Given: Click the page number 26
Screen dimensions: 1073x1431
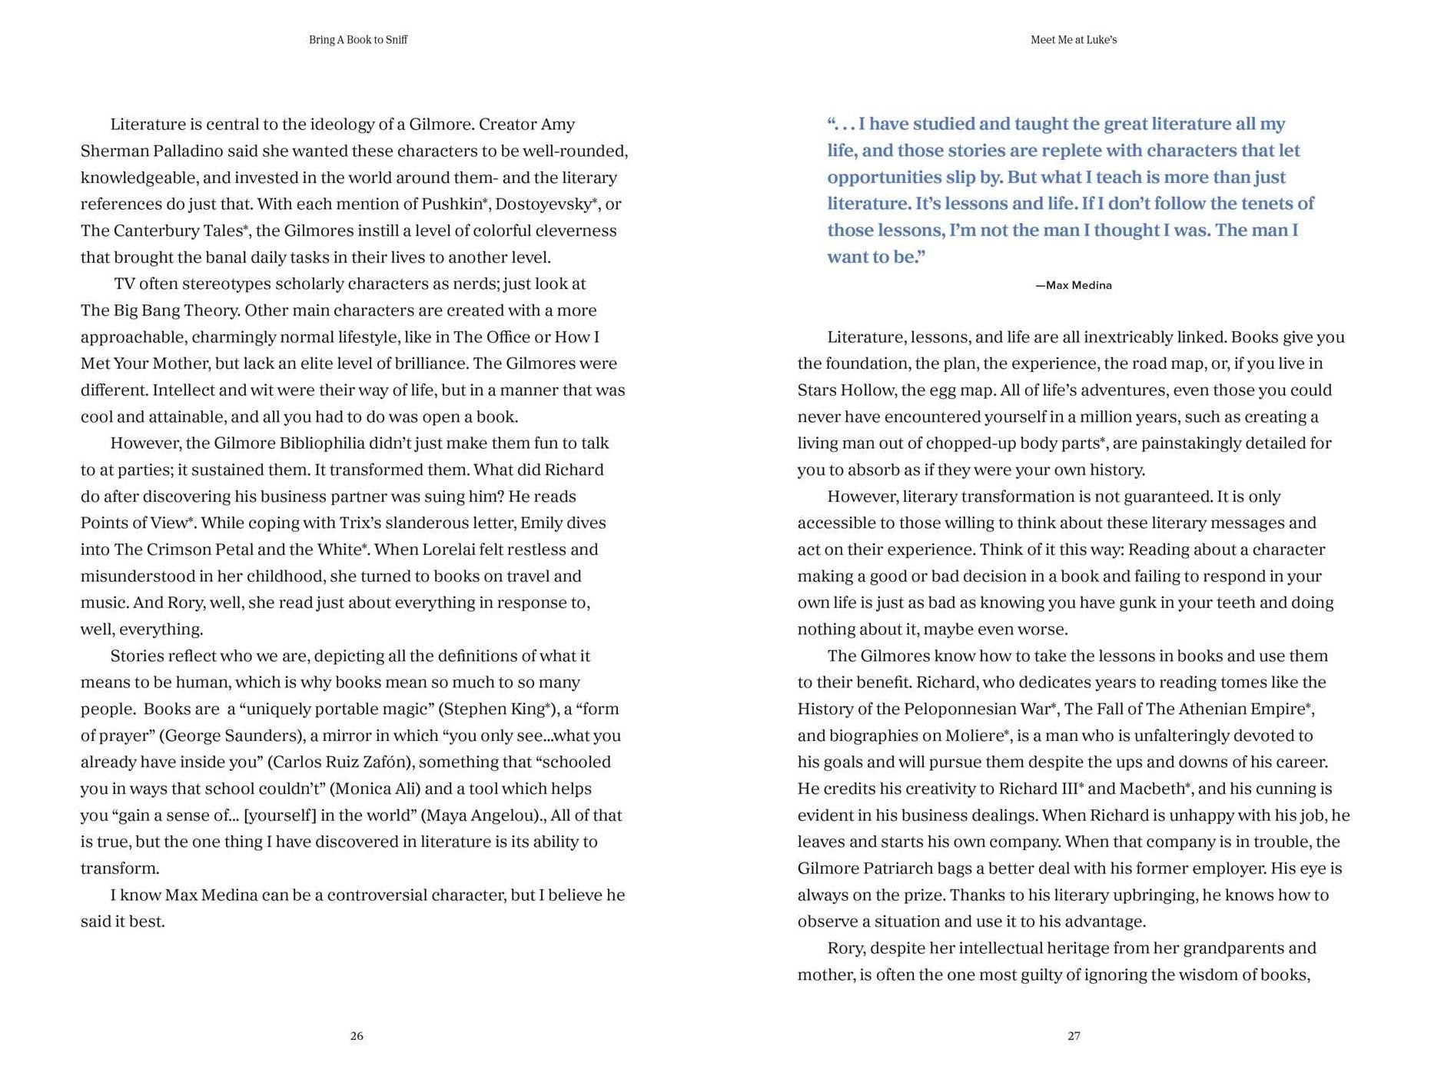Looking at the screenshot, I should pos(357,1036).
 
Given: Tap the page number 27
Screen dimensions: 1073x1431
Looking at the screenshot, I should pos(1074,1036).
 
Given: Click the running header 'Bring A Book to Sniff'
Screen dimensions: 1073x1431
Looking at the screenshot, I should pos(358,40).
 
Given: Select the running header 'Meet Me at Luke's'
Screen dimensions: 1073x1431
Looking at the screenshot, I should pos(1074,40).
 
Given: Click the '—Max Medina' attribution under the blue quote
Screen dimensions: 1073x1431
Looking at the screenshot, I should pos(1074,285).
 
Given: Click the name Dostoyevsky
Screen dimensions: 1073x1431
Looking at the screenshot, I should pos(543,204).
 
